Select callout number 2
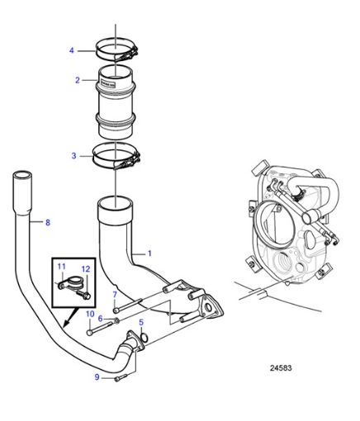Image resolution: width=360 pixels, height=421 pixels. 77,81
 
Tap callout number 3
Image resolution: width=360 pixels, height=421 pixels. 73,154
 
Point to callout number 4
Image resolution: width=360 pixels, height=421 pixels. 71,50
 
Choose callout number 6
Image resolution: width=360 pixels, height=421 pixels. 100,319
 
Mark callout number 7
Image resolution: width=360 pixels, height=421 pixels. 115,295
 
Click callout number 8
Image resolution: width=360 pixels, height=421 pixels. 47,222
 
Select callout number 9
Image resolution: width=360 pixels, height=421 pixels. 97,377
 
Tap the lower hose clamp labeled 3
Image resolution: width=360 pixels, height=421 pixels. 116,155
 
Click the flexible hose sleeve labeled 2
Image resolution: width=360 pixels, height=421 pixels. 116,103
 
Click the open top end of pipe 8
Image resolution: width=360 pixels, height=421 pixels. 23,175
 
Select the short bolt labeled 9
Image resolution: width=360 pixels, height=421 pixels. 122,377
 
